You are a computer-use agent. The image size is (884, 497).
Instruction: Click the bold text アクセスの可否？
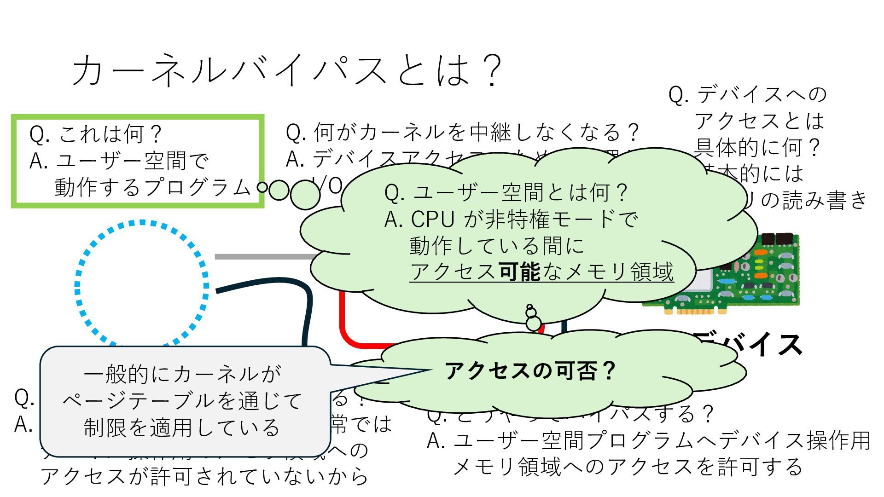click(x=529, y=371)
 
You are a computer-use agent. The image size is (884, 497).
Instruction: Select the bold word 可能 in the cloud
click(x=520, y=272)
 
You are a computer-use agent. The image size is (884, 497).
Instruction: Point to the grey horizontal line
click(x=262, y=257)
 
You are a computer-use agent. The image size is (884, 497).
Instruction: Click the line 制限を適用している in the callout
click(x=181, y=428)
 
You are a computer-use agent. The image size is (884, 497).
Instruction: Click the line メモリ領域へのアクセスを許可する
click(x=628, y=467)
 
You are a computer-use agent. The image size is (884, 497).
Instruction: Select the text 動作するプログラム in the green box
click(x=152, y=187)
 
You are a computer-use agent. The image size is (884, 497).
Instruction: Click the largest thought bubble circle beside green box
click(x=305, y=194)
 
